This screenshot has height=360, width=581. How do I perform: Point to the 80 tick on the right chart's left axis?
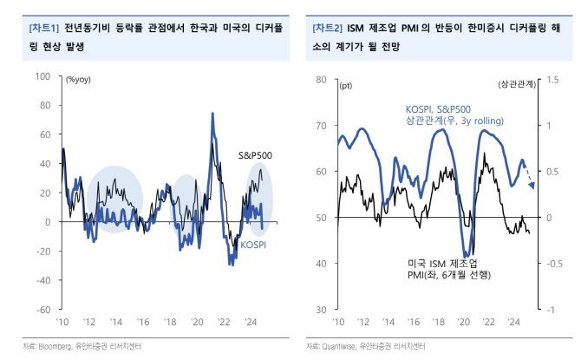321,80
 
